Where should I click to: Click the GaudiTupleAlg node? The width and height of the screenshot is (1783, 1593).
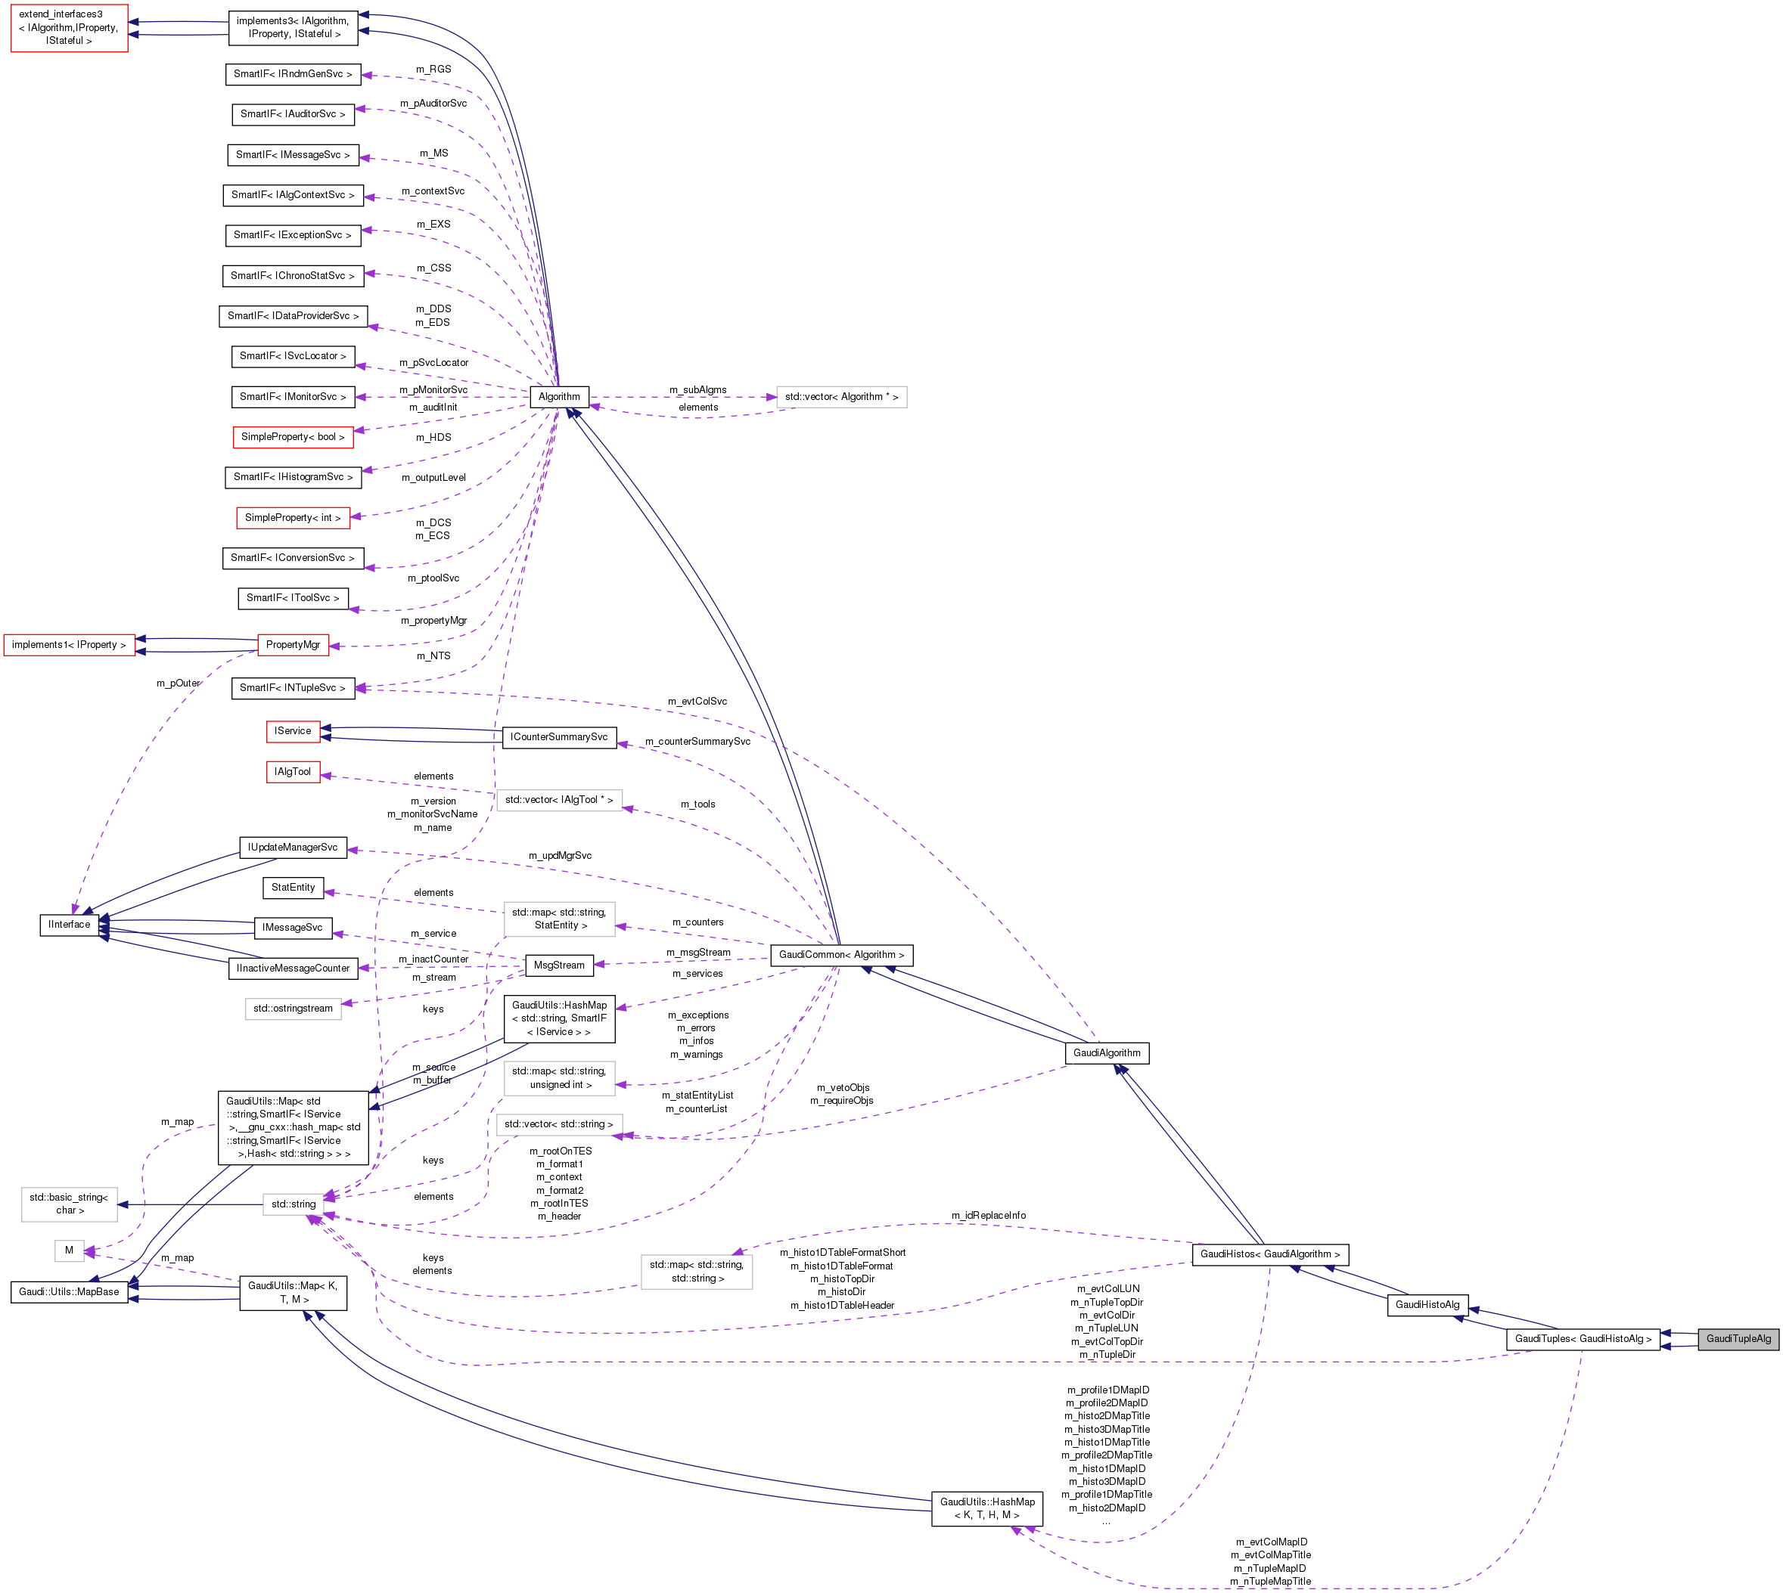click(x=1738, y=1338)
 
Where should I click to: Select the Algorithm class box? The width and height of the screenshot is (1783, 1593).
click(x=559, y=396)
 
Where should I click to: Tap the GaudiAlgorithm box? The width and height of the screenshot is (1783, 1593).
click(x=1106, y=1053)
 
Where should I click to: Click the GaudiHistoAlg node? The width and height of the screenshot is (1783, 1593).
click(x=1427, y=1304)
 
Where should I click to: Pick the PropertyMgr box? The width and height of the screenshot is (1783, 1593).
click(x=293, y=644)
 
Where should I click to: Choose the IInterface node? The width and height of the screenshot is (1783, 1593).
click(x=69, y=925)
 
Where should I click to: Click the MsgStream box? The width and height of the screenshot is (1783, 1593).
click(x=559, y=965)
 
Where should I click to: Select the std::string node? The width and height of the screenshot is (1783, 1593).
click(x=293, y=1204)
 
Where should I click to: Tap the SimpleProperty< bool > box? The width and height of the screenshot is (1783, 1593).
click(x=293, y=437)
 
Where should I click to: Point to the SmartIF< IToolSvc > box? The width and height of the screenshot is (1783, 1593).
click(x=293, y=598)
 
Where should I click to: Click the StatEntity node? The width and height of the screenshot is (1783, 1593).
click(x=293, y=888)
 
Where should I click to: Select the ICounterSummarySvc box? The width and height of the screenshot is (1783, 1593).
click(x=559, y=737)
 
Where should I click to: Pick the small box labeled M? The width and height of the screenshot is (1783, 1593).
click(x=69, y=1250)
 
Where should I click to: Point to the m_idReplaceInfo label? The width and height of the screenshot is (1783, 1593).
click(x=988, y=1215)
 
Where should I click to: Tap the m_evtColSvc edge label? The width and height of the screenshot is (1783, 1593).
click(x=696, y=701)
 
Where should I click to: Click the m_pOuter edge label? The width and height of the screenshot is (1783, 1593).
click(x=179, y=683)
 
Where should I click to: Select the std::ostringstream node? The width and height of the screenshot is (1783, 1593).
click(x=293, y=1009)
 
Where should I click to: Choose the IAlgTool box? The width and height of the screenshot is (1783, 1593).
click(x=293, y=771)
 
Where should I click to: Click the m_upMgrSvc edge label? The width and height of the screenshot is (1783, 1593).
click(x=560, y=855)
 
